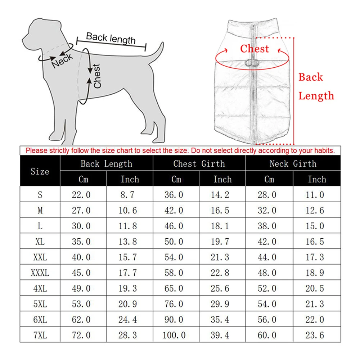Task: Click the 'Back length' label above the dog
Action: click(111, 38)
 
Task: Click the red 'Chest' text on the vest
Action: click(255, 49)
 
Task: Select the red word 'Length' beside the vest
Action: click(316, 96)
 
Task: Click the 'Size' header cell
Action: click(40, 171)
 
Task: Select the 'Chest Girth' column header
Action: click(199, 164)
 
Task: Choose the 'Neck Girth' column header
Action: click(293, 164)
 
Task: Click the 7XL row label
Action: click(40, 335)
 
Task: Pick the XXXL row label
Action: click(40, 273)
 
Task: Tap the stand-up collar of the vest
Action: click(255, 27)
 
